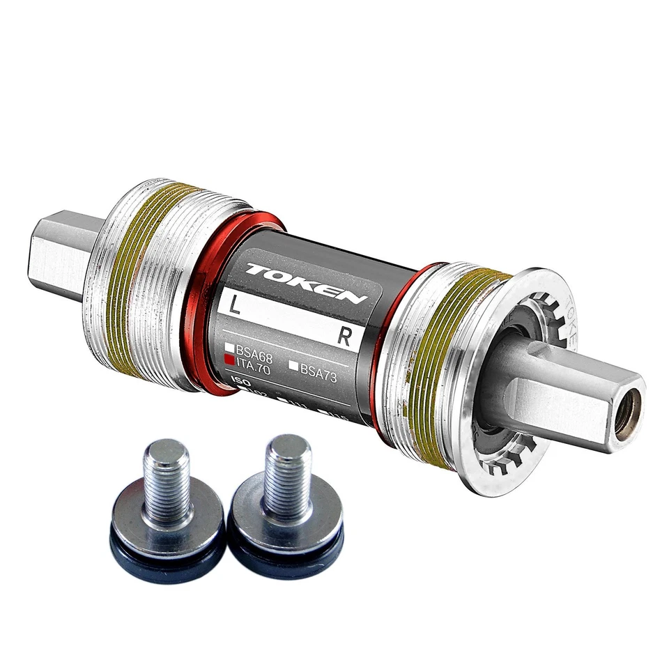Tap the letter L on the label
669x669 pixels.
pyautogui.click(x=231, y=305)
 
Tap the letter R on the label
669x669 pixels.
pyautogui.click(x=344, y=336)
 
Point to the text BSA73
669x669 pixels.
pyautogui.click(x=318, y=369)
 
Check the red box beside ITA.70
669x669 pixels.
pyautogui.click(x=229, y=360)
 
